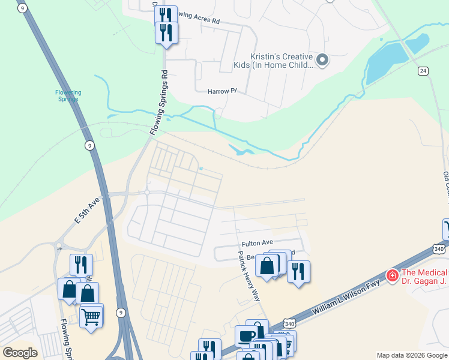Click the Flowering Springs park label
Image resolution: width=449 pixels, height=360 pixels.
click(68, 95)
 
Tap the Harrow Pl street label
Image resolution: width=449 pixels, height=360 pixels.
click(222, 91)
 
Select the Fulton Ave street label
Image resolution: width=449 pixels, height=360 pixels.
click(257, 244)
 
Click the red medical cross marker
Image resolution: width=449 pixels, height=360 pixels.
click(393, 275)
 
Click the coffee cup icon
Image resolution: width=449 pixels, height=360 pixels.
click(246, 335)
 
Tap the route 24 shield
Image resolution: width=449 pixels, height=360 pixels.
click(423, 71)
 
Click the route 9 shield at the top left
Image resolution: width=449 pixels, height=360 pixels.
click(22, 8)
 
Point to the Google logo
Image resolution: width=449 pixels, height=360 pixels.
click(20, 352)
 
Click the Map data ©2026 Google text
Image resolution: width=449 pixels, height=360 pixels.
click(412, 355)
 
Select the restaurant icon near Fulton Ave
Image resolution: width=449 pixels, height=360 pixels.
click(298, 271)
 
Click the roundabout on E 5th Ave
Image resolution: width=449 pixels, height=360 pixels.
click(146, 193)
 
